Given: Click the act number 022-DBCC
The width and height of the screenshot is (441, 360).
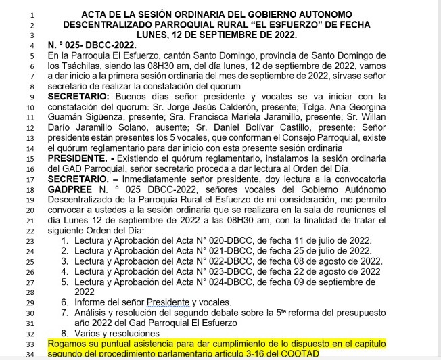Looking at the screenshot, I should [238, 261].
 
